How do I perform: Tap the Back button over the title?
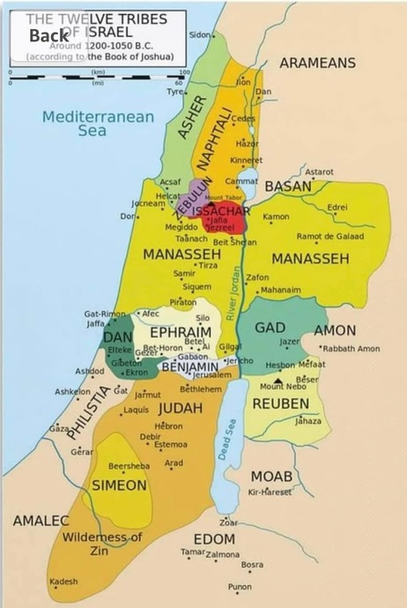click(x=48, y=35)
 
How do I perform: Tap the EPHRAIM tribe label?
click(x=180, y=332)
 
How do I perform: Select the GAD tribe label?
click(x=269, y=328)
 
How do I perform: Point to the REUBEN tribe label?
click(x=280, y=404)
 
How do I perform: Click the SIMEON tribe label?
click(x=119, y=486)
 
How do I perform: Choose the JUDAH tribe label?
click(x=181, y=409)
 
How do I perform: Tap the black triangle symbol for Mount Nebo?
click(x=278, y=380)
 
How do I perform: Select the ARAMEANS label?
click(x=317, y=63)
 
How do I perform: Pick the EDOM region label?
click(x=214, y=538)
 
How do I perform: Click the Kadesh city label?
click(x=63, y=582)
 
